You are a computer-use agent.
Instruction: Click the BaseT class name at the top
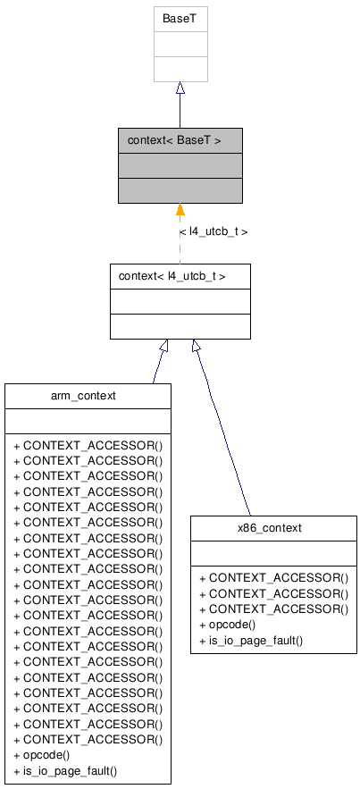click(180, 18)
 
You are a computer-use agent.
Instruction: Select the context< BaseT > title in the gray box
click(174, 140)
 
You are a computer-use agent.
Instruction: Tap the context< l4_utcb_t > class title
click(172, 276)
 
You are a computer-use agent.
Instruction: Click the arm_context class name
click(88, 396)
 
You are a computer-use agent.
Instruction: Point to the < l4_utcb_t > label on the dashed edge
click(213, 231)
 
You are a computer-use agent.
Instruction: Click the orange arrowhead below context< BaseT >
click(180, 211)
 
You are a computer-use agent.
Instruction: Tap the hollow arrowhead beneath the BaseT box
click(180, 88)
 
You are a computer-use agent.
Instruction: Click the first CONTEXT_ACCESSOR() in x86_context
click(273, 578)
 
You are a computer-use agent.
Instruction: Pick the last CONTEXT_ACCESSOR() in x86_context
click(273, 609)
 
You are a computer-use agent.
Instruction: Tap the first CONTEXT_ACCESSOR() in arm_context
click(88, 445)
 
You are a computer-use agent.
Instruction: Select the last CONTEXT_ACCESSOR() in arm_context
click(88, 739)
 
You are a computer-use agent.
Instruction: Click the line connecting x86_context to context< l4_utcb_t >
click(223, 429)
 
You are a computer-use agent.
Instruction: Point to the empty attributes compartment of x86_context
click(273, 553)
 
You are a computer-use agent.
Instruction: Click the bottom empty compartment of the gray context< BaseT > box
click(180, 190)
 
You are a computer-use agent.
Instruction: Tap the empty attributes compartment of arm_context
click(88, 421)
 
